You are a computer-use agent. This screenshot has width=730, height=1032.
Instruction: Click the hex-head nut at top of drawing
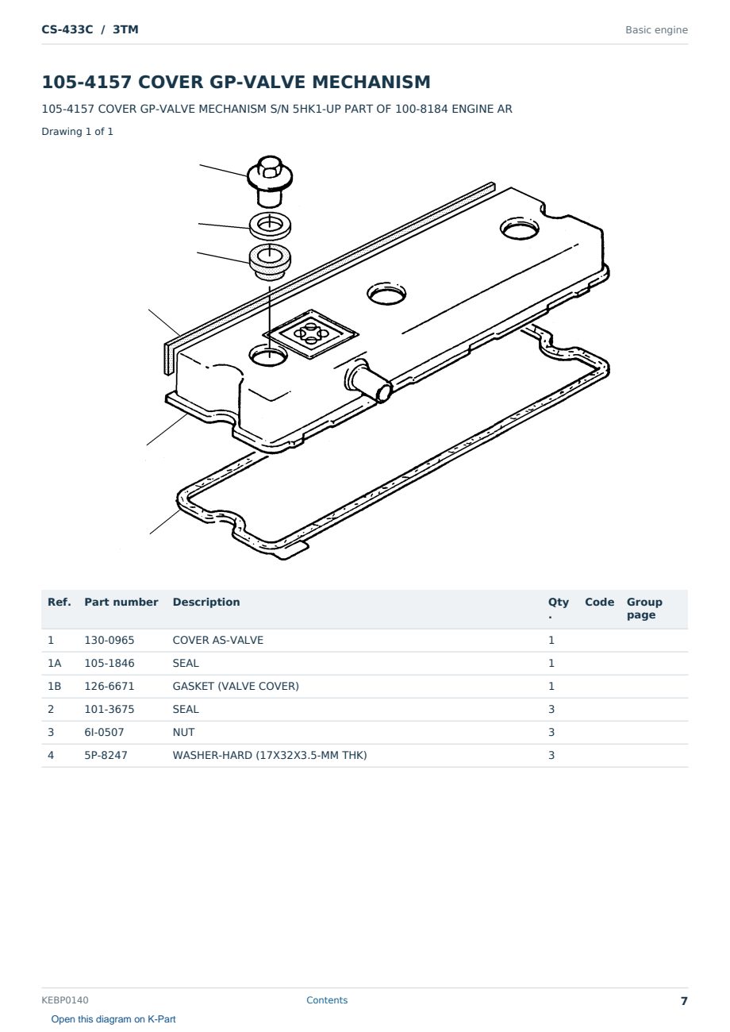[270, 181]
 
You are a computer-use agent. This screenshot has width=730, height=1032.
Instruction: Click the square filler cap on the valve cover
[311, 333]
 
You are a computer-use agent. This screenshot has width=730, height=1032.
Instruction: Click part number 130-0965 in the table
[109, 640]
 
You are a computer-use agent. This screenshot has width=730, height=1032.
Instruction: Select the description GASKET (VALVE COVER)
[236, 686]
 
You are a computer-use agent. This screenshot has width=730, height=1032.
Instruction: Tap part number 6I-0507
[104, 732]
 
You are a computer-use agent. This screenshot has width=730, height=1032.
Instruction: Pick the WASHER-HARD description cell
[270, 755]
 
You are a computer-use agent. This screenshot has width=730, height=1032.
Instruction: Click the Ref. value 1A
[54, 663]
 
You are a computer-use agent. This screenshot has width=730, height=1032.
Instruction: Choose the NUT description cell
[183, 732]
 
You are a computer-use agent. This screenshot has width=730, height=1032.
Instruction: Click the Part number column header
[121, 602]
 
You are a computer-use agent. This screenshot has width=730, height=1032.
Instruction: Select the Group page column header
[644, 608]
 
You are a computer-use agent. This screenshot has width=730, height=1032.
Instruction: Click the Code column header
[599, 602]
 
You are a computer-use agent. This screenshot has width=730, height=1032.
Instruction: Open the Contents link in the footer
[327, 999]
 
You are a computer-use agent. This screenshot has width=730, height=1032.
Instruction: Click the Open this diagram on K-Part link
[113, 1019]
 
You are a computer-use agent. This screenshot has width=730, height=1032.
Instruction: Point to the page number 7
[684, 1000]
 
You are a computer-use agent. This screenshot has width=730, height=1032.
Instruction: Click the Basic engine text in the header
[656, 30]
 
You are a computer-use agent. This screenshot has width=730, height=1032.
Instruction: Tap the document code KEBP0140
[65, 999]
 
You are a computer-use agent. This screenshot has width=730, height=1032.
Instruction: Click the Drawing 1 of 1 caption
[78, 131]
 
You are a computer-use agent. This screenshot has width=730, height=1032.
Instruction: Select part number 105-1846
[109, 663]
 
